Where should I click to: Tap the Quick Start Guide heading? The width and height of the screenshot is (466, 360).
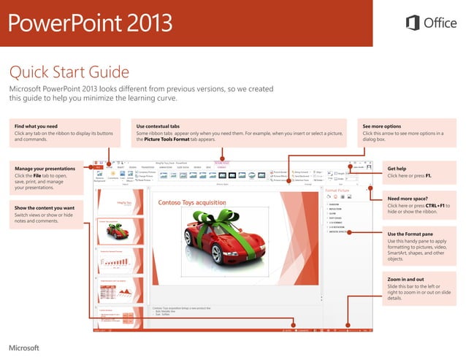(69, 72)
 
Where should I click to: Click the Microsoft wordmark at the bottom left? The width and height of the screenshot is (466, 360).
(23, 347)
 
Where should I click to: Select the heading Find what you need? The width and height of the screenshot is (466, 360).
(36, 126)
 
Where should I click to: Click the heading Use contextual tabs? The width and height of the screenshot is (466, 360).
(158, 126)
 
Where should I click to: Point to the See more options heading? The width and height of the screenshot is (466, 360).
(381, 126)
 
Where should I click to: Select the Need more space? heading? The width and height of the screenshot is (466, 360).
(407, 199)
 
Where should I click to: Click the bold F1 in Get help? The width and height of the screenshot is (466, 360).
(428, 176)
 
